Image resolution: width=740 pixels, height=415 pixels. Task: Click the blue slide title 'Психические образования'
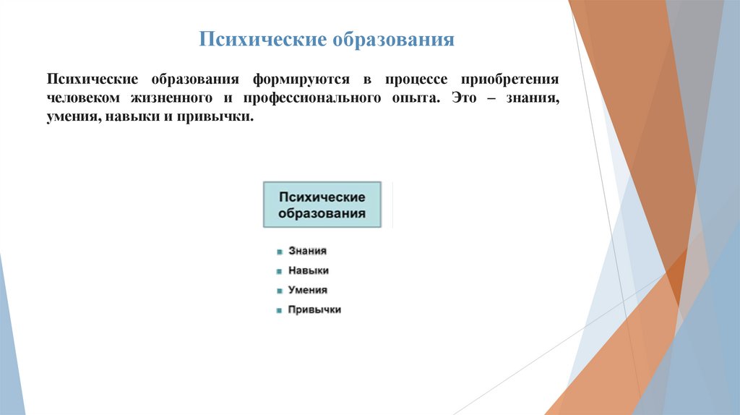(327, 38)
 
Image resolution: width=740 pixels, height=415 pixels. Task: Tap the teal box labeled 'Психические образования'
(322, 205)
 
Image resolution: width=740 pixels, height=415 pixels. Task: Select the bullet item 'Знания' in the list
(307, 251)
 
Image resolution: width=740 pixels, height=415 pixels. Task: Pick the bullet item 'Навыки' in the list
(309, 270)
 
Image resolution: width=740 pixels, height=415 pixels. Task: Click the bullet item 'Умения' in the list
(308, 290)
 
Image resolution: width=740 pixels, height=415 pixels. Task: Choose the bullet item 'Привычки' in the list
(314, 309)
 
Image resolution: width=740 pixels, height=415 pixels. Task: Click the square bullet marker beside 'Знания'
(279, 252)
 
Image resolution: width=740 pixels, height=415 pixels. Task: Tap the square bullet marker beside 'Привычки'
(279, 311)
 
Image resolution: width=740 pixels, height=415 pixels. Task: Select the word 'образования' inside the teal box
(322, 214)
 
